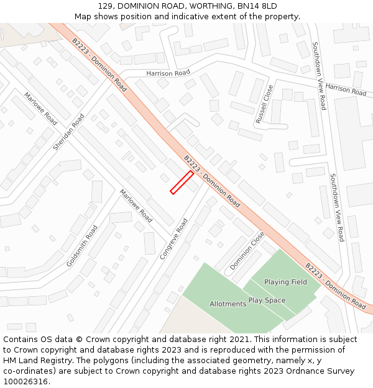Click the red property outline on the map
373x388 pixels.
coord(182,183)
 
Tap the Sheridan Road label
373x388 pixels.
coord(68,132)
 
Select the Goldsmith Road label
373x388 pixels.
coord(82,246)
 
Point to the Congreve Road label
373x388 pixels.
coord(173,238)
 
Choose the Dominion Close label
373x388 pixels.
coord(247,250)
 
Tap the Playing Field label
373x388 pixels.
coord(285,282)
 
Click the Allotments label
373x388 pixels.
coord(228,304)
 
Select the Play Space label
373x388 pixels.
coord(267,300)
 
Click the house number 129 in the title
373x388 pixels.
coord(107,6)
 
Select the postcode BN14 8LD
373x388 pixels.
coord(256,6)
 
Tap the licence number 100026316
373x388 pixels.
coord(26,381)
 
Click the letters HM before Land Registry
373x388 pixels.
coord(11,361)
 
